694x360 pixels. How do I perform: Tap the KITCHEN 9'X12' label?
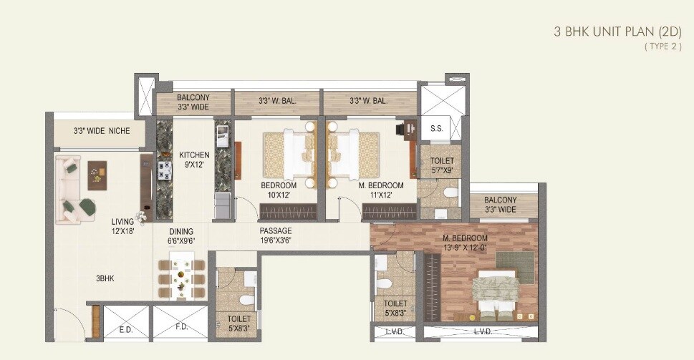coord(194,159)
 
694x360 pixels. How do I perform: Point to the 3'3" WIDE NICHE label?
coord(99,132)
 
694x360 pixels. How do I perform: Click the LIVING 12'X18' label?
coord(123,226)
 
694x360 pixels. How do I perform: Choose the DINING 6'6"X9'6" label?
coord(181,236)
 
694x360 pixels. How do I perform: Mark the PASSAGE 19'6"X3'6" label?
coord(276,235)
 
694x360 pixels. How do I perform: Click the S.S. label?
coord(435,129)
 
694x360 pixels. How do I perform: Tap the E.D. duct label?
coord(125,331)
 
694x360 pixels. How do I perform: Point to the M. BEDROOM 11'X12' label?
coord(381,190)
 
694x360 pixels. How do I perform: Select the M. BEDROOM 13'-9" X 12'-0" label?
coord(465,243)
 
